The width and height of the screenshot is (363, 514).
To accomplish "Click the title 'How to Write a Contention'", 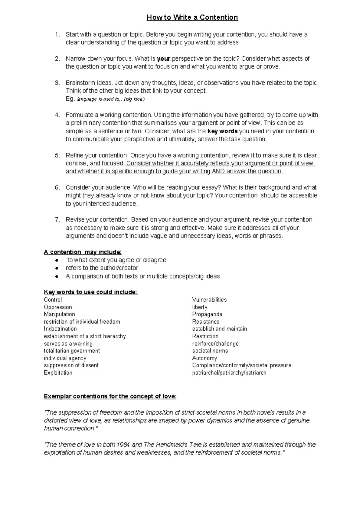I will click(192, 18).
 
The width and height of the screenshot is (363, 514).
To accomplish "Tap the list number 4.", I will click(57, 115).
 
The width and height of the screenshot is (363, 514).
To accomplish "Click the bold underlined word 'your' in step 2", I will click(164, 58).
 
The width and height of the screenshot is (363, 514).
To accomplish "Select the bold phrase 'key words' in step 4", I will click(223, 131).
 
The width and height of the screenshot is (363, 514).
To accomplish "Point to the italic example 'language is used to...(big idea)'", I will click(111, 99).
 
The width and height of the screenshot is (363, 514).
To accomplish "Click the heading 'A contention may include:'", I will click(83, 252).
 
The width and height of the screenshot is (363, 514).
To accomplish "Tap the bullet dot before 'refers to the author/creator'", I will click(57, 268).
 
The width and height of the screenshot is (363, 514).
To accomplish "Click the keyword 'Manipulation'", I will click(59, 314).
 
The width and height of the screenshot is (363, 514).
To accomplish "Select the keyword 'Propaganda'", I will click(207, 314).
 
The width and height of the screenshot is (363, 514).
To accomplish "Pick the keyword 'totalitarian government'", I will click(72, 351).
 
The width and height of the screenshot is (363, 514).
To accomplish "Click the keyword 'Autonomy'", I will click(204, 358).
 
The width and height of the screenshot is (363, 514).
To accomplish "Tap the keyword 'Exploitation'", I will click(58, 373).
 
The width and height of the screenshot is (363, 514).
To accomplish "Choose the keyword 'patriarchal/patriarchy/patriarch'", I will click(229, 373).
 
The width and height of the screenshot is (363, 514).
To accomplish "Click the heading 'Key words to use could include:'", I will click(90, 292).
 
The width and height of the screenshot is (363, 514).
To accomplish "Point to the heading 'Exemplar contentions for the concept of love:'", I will click(110, 396).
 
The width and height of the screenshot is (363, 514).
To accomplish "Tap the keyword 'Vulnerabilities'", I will click(209, 300).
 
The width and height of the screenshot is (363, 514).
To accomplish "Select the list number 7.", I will click(57, 219).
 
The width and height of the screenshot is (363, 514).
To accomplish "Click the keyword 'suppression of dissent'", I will click(71, 365).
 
